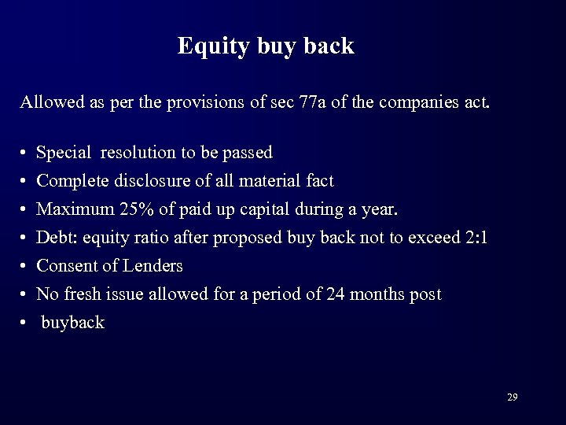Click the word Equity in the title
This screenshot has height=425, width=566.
click(206, 46)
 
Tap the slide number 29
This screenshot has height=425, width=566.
click(512, 397)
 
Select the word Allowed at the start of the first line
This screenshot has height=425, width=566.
click(47, 102)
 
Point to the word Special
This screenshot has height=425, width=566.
click(64, 153)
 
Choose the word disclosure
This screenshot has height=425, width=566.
click(146, 181)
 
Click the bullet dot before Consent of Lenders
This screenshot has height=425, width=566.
click(25, 267)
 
